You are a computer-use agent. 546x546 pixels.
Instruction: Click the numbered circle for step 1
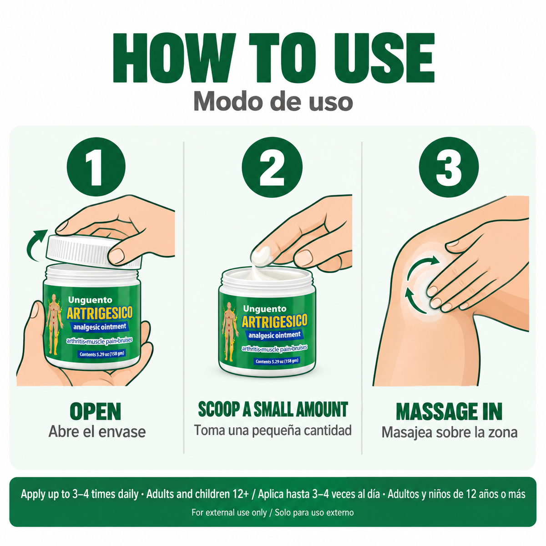pos(96,167)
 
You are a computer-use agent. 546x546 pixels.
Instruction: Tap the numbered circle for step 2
pos(272,167)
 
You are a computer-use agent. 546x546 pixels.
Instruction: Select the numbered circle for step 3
pos(449,167)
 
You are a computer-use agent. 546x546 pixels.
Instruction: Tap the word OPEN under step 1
pos(96,411)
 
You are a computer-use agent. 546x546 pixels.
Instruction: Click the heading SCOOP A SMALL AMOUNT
pos(273,409)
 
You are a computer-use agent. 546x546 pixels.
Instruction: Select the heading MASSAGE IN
pos(449,411)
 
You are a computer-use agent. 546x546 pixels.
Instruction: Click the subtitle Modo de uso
pos(273,102)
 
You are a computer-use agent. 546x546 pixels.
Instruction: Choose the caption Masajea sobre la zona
pos(450,433)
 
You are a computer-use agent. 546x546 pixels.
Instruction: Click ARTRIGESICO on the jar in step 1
pos(100,313)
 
